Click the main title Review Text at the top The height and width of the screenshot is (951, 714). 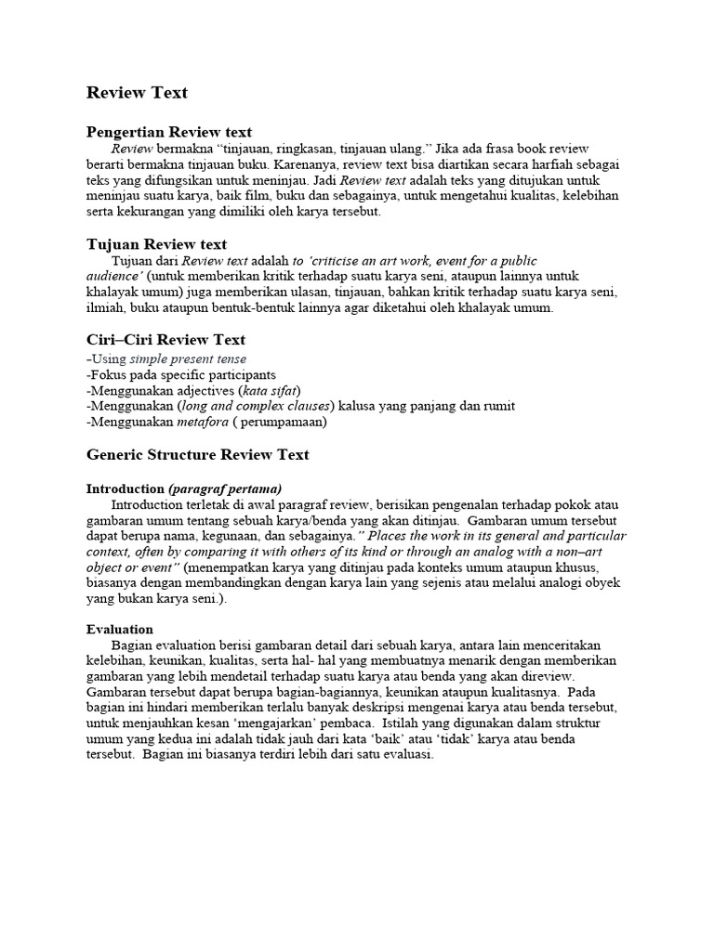pos(137,93)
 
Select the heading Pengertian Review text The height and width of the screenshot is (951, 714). pos(168,132)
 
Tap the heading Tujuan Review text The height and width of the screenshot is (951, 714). pos(156,244)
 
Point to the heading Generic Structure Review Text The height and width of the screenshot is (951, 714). pos(197,455)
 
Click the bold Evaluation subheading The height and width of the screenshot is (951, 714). pos(120,629)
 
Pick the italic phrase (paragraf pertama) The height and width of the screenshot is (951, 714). pos(225,489)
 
